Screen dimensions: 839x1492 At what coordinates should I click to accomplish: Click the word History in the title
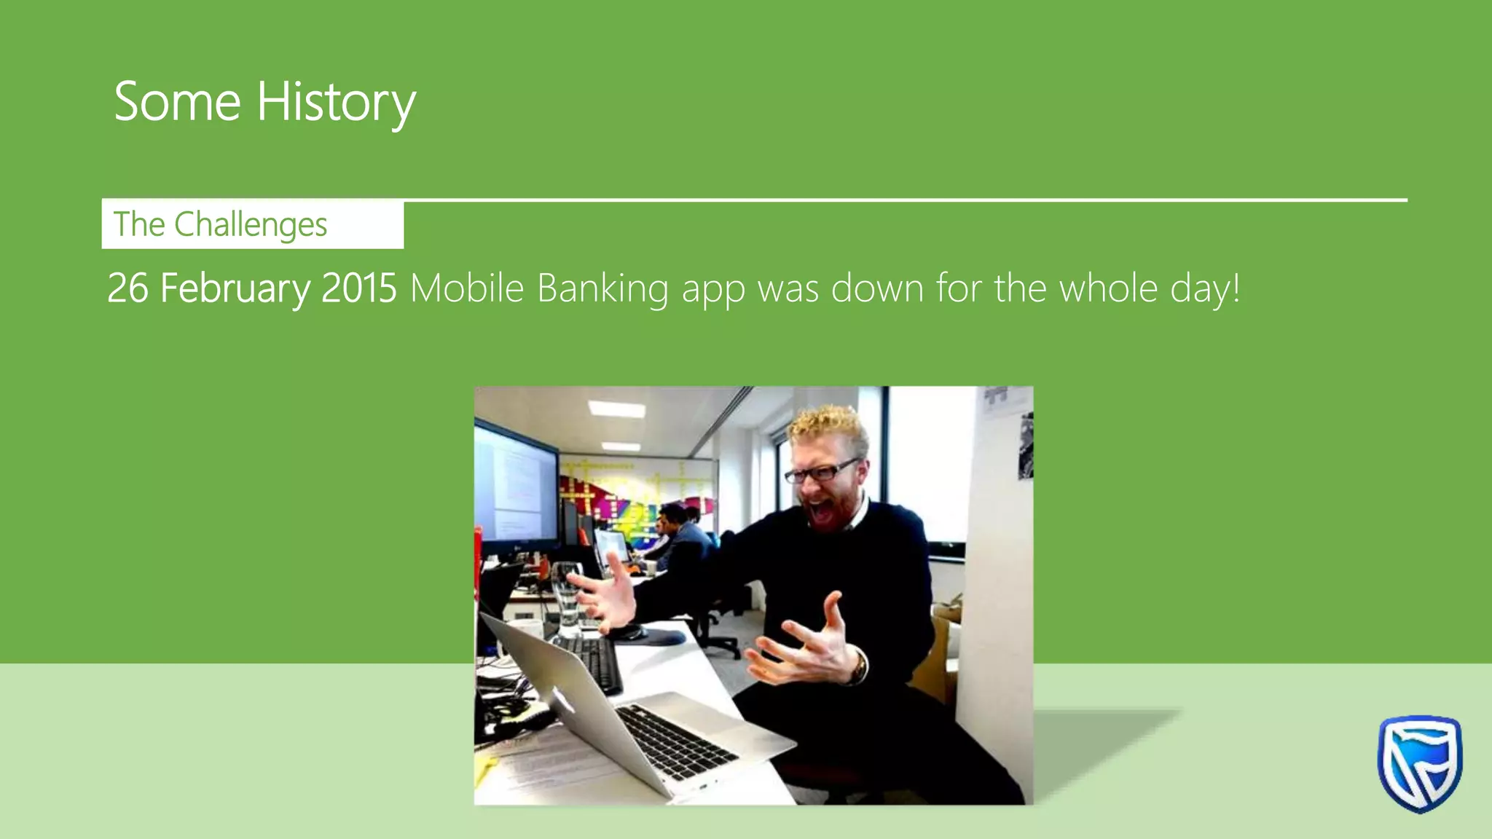tap(336, 102)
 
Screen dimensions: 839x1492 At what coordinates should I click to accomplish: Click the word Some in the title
tap(177, 102)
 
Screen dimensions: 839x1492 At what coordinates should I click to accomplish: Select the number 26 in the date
tap(127, 288)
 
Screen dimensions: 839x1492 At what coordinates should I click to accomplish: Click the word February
tap(235, 288)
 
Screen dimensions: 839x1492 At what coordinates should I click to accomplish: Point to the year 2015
tap(358, 288)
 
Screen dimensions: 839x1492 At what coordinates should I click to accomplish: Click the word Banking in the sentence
tap(602, 288)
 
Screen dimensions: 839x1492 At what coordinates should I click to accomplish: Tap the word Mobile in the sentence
tap(467, 288)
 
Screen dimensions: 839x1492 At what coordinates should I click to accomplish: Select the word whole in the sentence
tap(1108, 288)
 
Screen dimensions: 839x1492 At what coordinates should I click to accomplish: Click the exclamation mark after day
tap(1236, 288)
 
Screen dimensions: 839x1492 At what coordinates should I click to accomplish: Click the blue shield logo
tap(1419, 763)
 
